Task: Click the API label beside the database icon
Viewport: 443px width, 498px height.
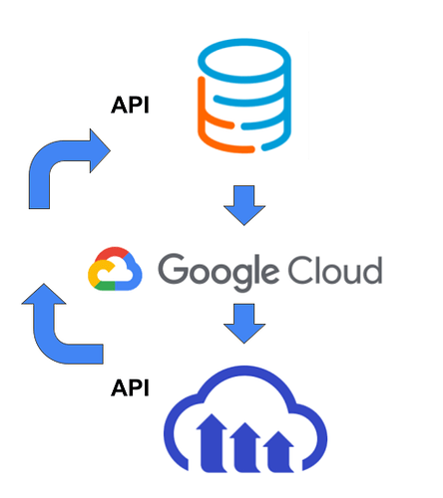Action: coord(130,105)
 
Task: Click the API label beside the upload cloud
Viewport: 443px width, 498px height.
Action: coord(130,387)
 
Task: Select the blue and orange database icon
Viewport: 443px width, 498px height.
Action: coord(244,96)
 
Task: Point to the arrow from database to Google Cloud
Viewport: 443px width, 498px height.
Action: coord(244,205)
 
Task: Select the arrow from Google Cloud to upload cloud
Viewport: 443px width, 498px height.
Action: coord(244,324)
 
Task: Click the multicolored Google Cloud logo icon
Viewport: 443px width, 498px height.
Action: coord(115,269)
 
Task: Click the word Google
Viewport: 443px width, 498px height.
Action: coord(219,272)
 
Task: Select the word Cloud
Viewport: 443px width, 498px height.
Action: coord(335,270)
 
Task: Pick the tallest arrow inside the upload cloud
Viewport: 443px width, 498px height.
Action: coord(212,442)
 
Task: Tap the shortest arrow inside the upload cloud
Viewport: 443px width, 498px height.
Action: coord(278,451)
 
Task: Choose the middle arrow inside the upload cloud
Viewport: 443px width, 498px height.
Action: coord(245,447)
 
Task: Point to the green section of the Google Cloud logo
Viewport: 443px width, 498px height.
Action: coord(106,286)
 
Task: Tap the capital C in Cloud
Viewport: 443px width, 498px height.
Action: coord(301,270)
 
